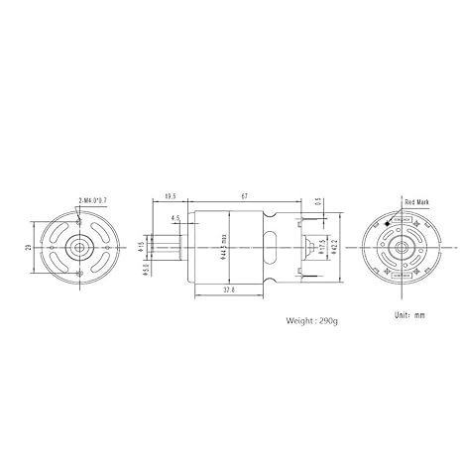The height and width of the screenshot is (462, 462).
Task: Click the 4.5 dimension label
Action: tap(175, 217)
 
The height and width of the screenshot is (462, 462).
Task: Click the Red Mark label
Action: tap(416, 201)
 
